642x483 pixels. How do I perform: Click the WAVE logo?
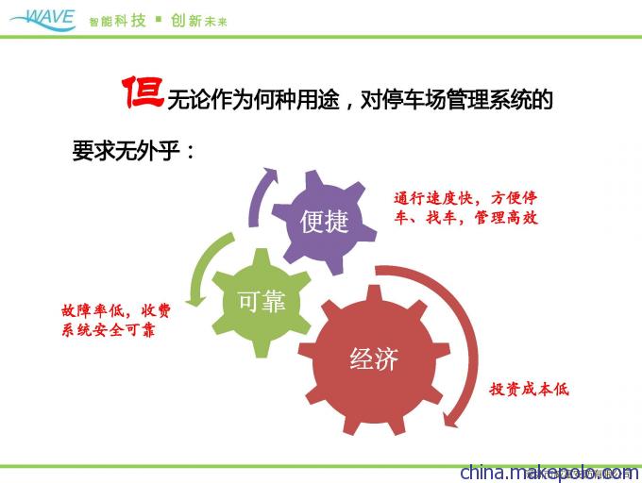coord(43,20)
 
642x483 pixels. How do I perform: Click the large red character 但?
coord(143,92)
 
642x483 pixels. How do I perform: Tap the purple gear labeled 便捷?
coord(324,222)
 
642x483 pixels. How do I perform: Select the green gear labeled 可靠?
coord(262,303)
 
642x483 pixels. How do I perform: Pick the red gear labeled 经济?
coord(374,360)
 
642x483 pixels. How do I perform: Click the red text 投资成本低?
coord(529,389)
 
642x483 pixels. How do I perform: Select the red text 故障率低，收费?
coord(116,310)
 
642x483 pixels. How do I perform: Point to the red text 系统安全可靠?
coord(109,329)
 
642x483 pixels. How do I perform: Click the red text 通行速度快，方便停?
coord(465,198)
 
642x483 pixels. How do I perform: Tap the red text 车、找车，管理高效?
coord(465,217)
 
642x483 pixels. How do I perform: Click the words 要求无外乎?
coord(127,151)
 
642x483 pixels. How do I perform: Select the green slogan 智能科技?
coord(117,21)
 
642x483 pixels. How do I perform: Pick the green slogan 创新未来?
coord(199,21)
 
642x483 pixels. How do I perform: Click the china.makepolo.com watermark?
coord(549,473)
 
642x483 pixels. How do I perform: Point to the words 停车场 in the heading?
coord(414,99)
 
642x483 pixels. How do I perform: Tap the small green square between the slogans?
coord(159,19)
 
